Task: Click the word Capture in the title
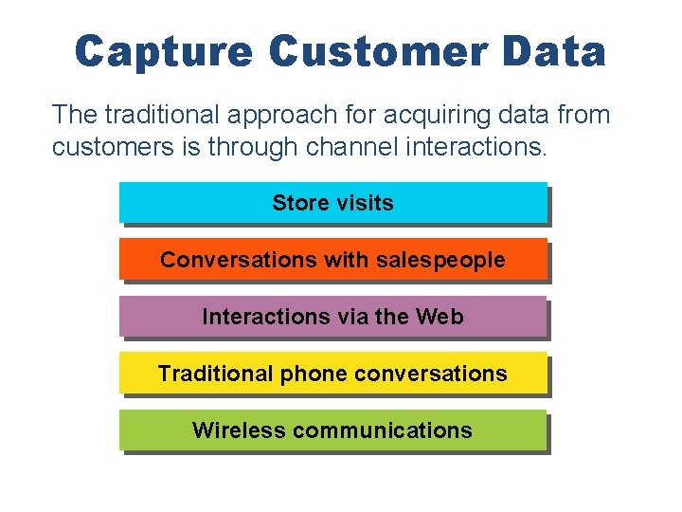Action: [x=163, y=52]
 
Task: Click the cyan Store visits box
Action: [x=332, y=202]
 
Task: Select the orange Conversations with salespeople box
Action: [x=332, y=259]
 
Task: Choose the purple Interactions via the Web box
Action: [x=332, y=316]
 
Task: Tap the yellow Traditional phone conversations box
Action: [x=332, y=373]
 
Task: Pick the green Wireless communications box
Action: [x=332, y=430]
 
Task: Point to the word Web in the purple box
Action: [x=439, y=317]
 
